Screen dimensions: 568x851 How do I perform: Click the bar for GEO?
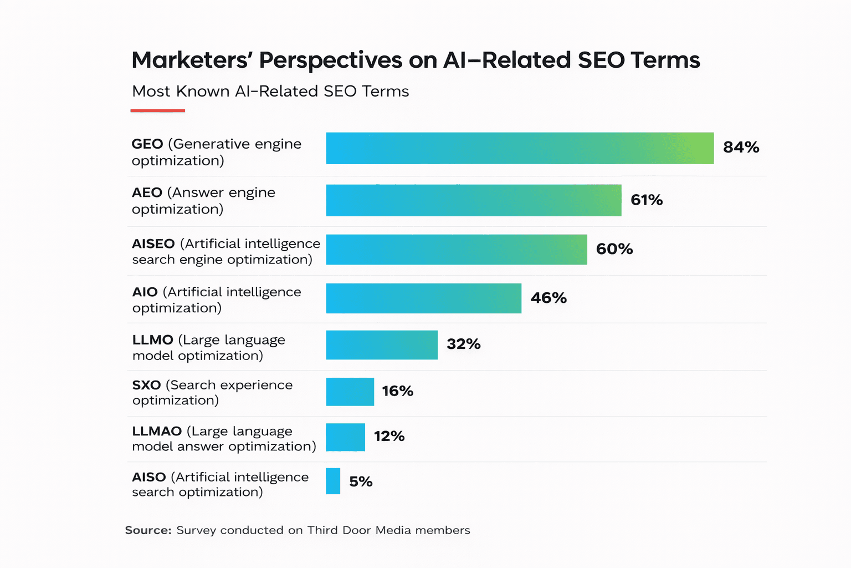[520, 148]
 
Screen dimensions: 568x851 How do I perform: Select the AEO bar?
[474, 200]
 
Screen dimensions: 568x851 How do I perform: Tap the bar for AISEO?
[457, 250]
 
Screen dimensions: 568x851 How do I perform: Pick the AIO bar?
[424, 298]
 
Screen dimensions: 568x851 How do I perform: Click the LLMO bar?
[382, 345]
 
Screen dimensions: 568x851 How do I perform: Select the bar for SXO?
[350, 392]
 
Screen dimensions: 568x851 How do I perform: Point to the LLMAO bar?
[346, 437]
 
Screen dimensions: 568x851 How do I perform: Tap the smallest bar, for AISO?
[333, 481]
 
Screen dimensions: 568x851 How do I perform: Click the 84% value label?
[741, 148]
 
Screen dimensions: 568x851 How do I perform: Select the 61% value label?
[647, 200]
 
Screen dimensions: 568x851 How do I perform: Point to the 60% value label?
[614, 249]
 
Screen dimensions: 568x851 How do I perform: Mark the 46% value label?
[548, 298]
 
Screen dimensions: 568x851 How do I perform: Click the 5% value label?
[361, 481]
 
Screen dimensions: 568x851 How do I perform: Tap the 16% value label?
[397, 391]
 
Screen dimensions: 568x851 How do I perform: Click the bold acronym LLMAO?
[157, 432]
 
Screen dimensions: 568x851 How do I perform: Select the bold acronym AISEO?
[153, 244]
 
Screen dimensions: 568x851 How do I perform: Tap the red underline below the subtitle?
[158, 111]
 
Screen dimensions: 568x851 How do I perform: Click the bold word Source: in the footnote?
[148, 530]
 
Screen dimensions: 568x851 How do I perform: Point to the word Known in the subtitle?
[203, 92]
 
